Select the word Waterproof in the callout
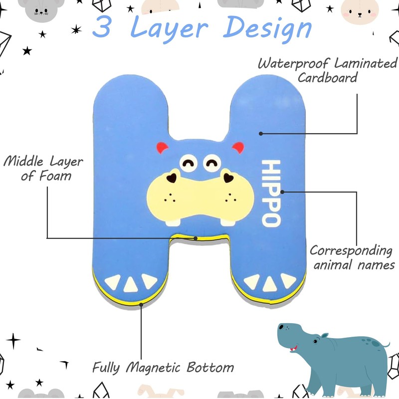point(294,64)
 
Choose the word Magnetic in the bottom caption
point(155,368)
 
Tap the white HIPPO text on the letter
point(270,194)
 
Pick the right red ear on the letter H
point(238,148)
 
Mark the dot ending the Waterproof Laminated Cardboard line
point(260,133)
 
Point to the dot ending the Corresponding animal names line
point(282,191)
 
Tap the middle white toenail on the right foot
point(270,284)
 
